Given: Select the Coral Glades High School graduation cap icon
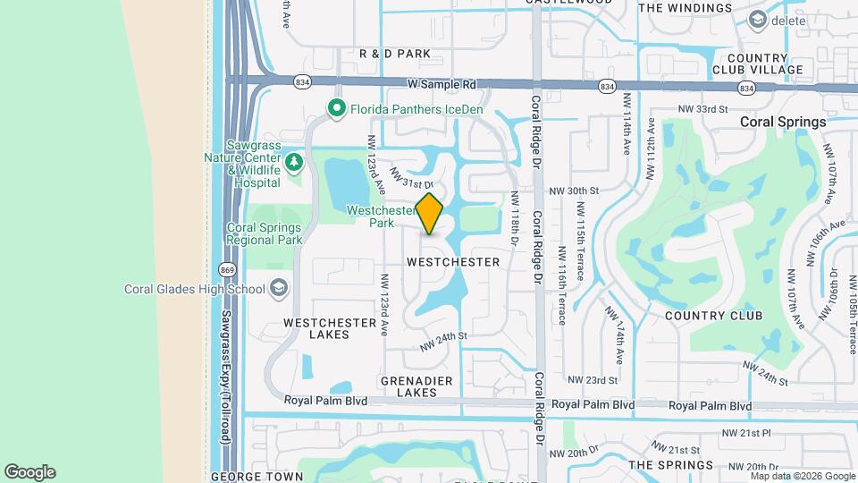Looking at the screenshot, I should click(x=279, y=288).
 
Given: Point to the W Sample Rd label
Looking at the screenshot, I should click(x=442, y=85).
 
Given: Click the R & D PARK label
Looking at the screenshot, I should click(x=394, y=54).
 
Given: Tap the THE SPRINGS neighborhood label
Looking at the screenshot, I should click(x=670, y=465).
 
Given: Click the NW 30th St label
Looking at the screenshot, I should click(x=572, y=191).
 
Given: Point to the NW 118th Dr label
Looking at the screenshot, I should click(x=516, y=218).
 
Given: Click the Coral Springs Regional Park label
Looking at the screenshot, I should click(x=265, y=233).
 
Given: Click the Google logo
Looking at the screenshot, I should click(x=29, y=472).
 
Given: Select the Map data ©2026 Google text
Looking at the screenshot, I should click(x=790, y=476).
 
